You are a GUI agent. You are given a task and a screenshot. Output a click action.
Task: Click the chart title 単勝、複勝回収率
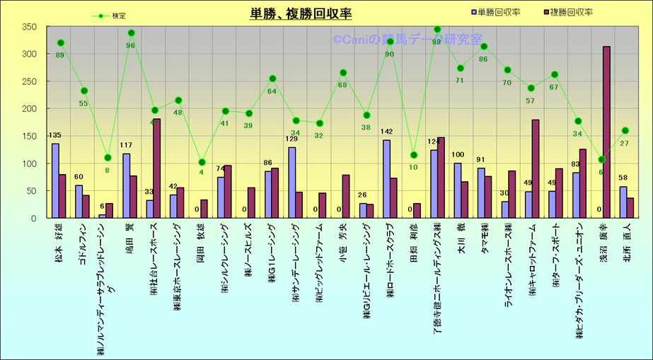point(301,13)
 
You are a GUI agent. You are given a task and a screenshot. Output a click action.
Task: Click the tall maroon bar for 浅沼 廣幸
point(606,132)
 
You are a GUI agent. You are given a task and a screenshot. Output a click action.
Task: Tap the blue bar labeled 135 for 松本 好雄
point(55,181)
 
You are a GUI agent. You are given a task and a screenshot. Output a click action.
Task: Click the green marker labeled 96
point(131,33)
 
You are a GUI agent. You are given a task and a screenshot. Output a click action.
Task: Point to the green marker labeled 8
point(108,158)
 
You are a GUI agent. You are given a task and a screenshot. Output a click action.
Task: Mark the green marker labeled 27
point(625,131)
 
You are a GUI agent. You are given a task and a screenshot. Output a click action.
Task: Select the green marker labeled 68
point(343,73)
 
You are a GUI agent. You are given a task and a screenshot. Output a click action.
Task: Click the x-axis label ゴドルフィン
point(83,243)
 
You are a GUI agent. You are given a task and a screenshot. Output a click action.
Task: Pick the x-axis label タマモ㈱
point(485,239)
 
